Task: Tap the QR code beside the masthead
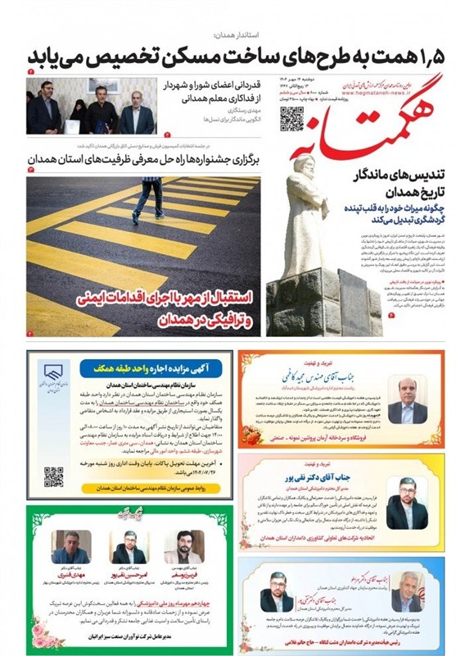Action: click(x=292, y=119)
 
